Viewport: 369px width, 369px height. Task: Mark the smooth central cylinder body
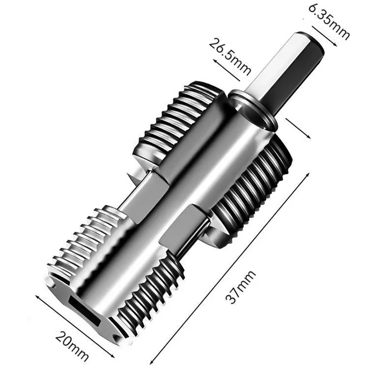click(184, 194)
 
